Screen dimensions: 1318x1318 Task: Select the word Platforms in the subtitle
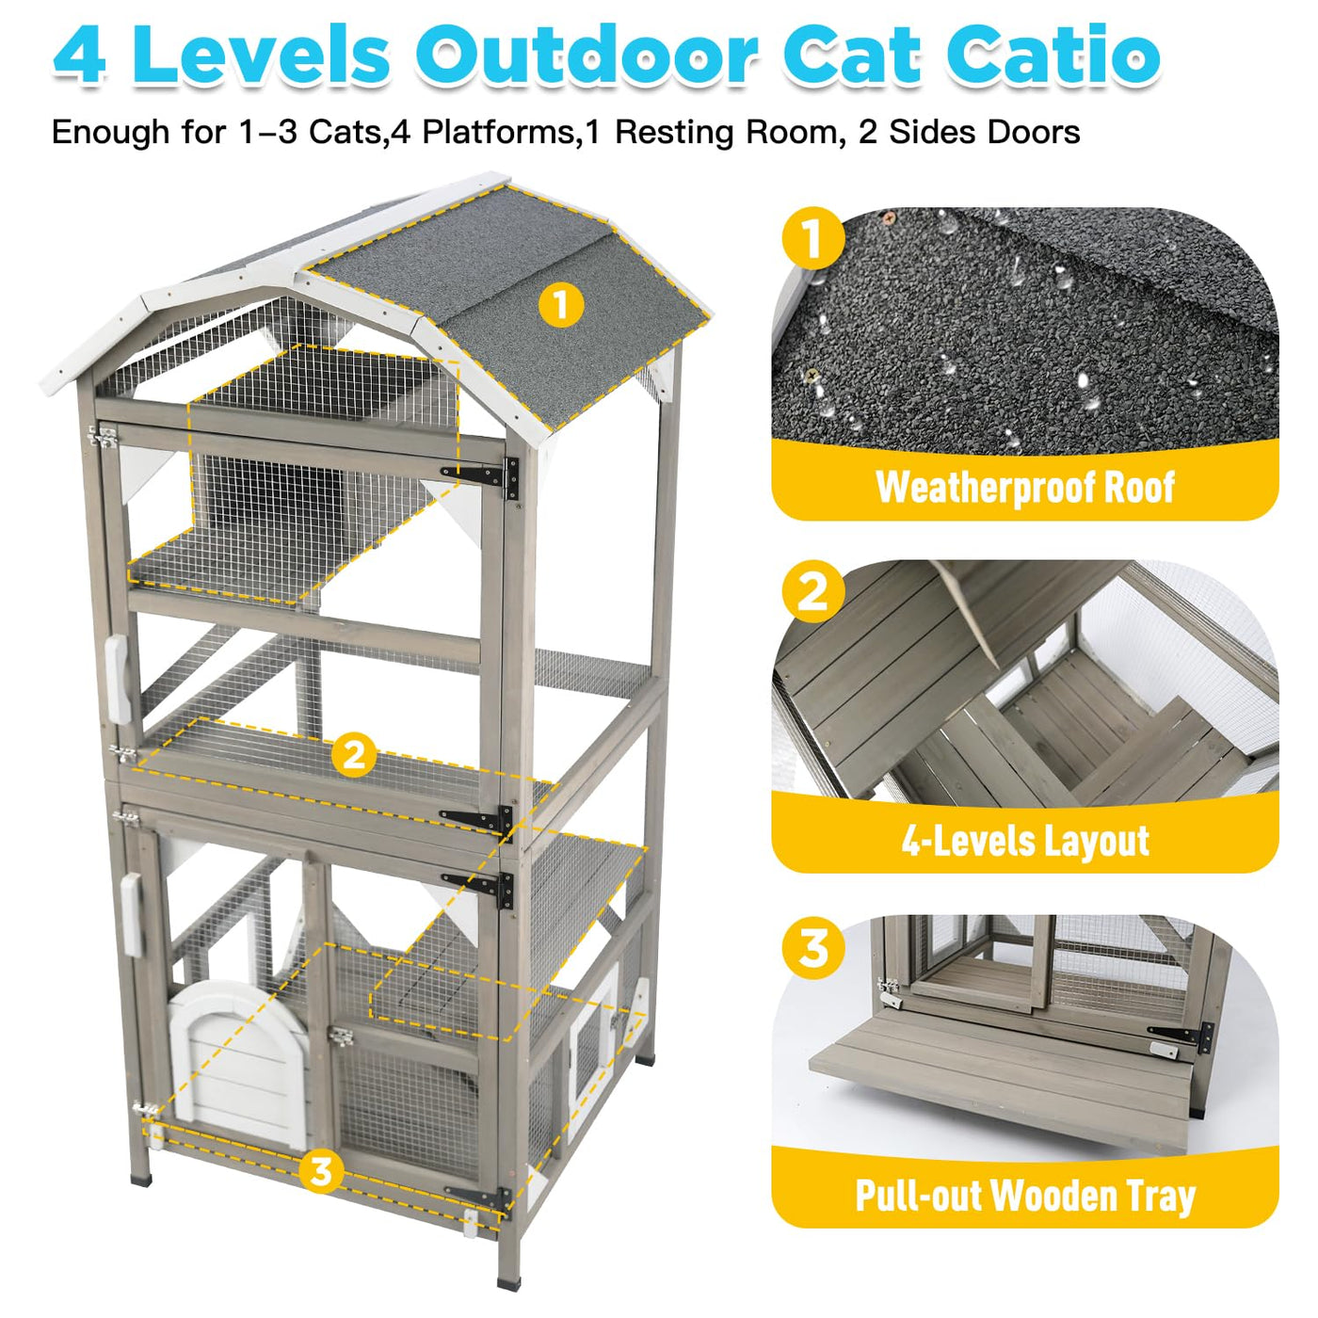point(499,131)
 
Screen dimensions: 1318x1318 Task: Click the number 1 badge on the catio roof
point(561,304)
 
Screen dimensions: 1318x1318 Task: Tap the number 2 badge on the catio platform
point(354,756)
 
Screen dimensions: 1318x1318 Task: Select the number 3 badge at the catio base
point(321,1171)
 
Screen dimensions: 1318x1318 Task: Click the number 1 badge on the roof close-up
point(813,238)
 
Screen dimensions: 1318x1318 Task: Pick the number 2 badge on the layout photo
point(813,591)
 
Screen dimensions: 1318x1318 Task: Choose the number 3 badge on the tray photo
point(813,948)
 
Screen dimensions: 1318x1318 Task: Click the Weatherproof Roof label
point(1024,487)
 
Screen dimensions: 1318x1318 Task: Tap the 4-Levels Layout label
point(1024,841)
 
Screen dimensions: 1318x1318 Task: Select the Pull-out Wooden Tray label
point(1024,1196)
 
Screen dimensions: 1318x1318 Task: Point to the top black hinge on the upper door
point(481,475)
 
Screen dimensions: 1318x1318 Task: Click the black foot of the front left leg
point(140,1180)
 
